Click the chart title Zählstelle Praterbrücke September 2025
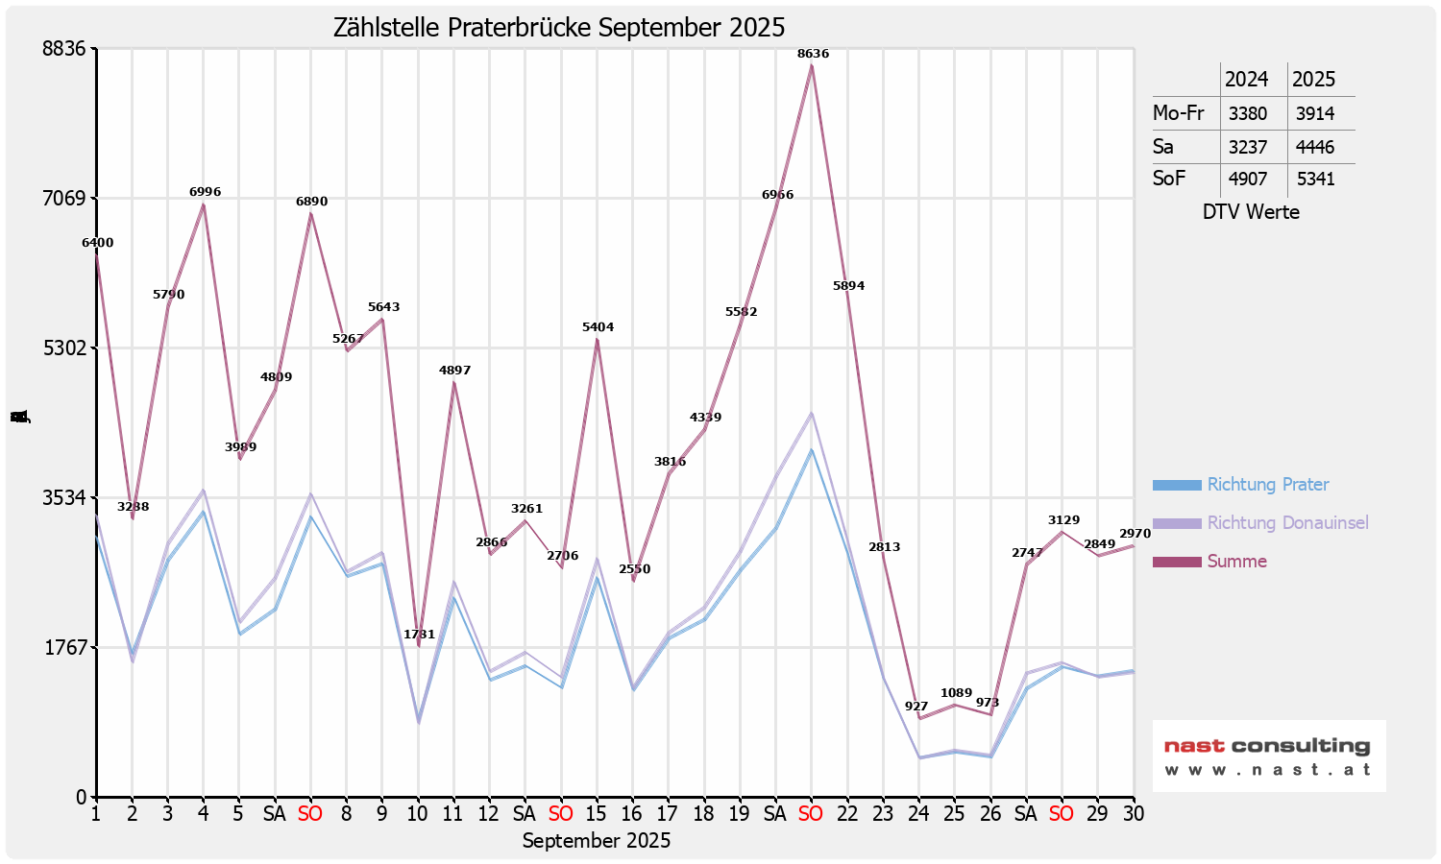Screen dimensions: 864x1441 tap(559, 27)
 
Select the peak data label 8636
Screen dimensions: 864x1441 tap(813, 54)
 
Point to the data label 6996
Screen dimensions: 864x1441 tap(205, 192)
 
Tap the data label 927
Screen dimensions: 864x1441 tap(916, 707)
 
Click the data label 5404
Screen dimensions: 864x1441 tap(598, 327)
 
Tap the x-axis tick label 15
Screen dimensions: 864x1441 tap(597, 814)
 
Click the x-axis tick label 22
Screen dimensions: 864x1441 tap(847, 814)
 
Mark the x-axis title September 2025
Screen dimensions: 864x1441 tap(597, 841)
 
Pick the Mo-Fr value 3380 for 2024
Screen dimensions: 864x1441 tap(1248, 113)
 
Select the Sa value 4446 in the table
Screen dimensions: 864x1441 tap(1315, 147)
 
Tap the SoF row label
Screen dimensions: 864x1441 tap(1169, 179)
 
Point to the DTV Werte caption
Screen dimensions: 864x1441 tap(1251, 212)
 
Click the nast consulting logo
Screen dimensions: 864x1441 tap(1268, 756)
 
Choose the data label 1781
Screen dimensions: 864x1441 tap(419, 635)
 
